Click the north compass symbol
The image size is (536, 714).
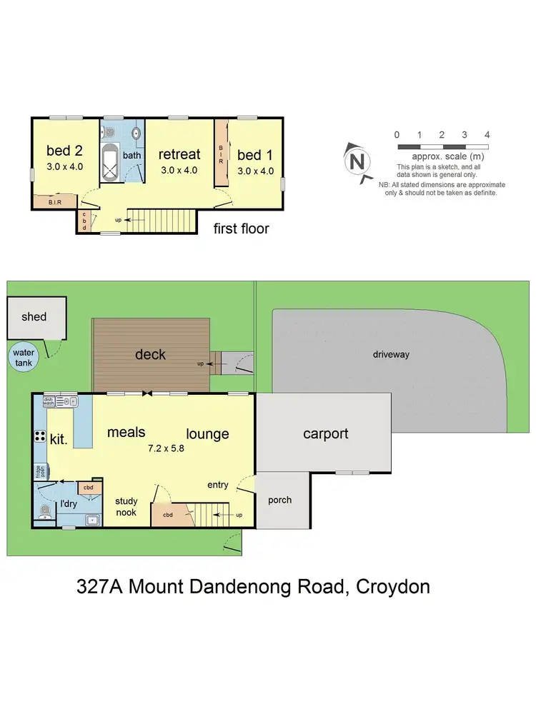(x=357, y=161)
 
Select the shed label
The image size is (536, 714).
(x=34, y=316)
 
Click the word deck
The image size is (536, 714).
(x=150, y=354)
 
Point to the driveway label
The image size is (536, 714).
(x=391, y=354)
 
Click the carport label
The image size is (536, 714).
(x=325, y=433)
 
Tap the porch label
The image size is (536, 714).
(x=279, y=500)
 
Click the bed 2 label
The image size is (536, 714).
(x=64, y=151)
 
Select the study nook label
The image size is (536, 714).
(x=126, y=506)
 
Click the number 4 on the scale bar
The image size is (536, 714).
(x=487, y=134)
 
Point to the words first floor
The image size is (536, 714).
(x=242, y=228)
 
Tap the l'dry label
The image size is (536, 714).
(x=69, y=504)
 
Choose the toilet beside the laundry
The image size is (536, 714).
(x=44, y=512)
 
